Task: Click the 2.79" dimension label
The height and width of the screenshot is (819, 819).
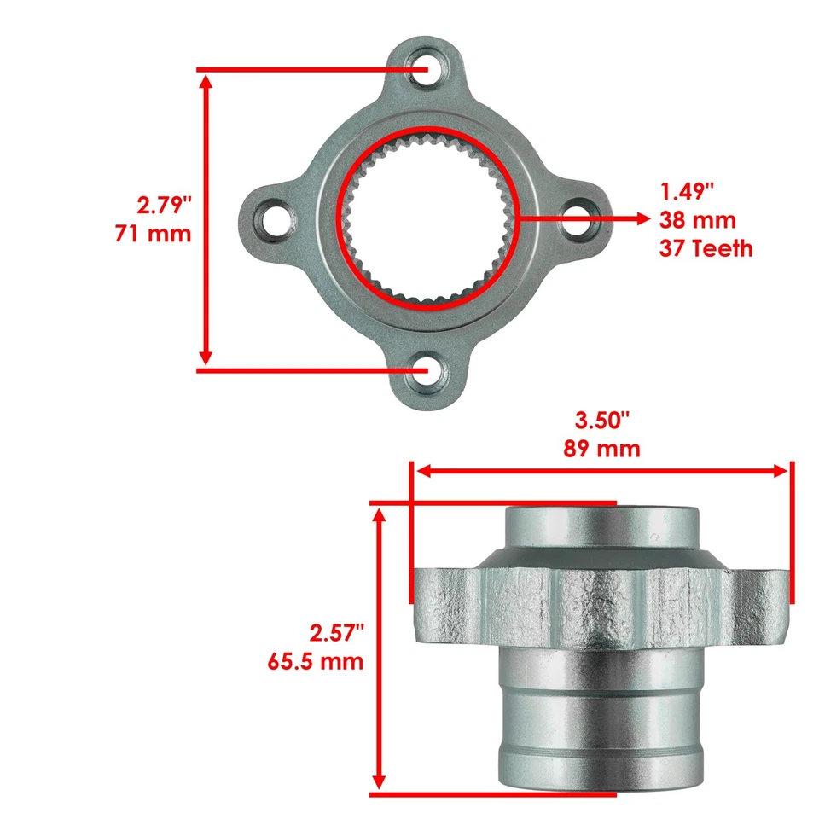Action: pyautogui.click(x=165, y=206)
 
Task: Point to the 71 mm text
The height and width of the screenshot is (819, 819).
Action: pyautogui.click(x=154, y=233)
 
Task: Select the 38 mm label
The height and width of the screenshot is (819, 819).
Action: pyautogui.click(x=697, y=219)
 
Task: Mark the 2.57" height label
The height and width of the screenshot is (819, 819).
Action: pyautogui.click(x=336, y=632)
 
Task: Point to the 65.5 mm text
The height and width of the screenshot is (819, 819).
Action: pyautogui.click(x=317, y=660)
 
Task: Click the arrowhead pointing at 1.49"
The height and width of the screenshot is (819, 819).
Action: pyautogui.click(x=641, y=218)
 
